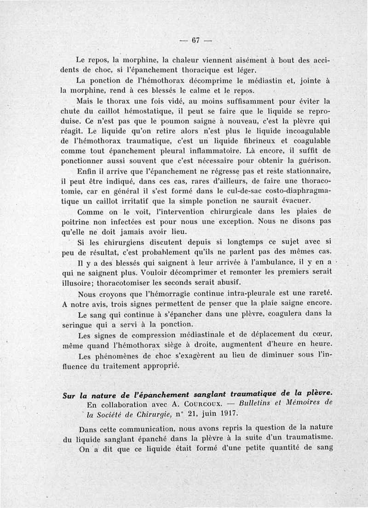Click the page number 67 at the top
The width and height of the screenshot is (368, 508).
[x=195, y=40]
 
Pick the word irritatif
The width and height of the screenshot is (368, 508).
[x=133, y=201]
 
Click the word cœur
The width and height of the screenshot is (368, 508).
[x=326, y=333]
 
